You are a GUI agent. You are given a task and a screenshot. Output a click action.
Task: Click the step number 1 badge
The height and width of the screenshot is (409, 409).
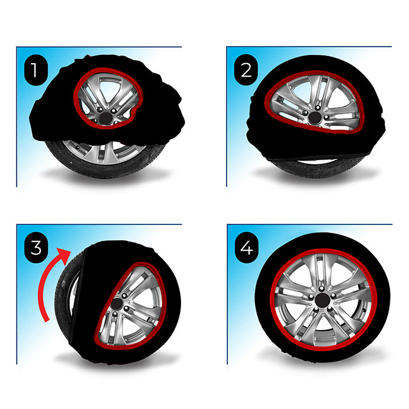(x=36, y=70)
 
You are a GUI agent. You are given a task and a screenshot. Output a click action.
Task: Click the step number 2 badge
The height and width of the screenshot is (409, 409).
(x=246, y=70)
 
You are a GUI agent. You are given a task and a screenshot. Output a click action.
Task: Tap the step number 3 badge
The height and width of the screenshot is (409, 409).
(x=36, y=247)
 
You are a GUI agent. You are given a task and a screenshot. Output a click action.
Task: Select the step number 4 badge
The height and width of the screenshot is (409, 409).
(x=247, y=248)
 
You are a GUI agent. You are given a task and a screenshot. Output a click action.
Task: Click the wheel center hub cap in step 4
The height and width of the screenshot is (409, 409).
(x=322, y=300)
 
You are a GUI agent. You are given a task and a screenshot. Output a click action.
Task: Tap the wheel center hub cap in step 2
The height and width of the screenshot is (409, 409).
(x=315, y=118)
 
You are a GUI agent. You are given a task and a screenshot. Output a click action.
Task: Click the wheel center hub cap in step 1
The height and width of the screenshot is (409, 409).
(x=106, y=119)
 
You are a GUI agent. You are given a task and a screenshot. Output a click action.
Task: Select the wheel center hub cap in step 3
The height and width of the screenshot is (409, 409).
(x=116, y=304)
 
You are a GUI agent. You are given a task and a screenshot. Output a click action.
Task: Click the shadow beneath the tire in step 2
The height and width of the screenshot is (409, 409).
(x=316, y=175)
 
